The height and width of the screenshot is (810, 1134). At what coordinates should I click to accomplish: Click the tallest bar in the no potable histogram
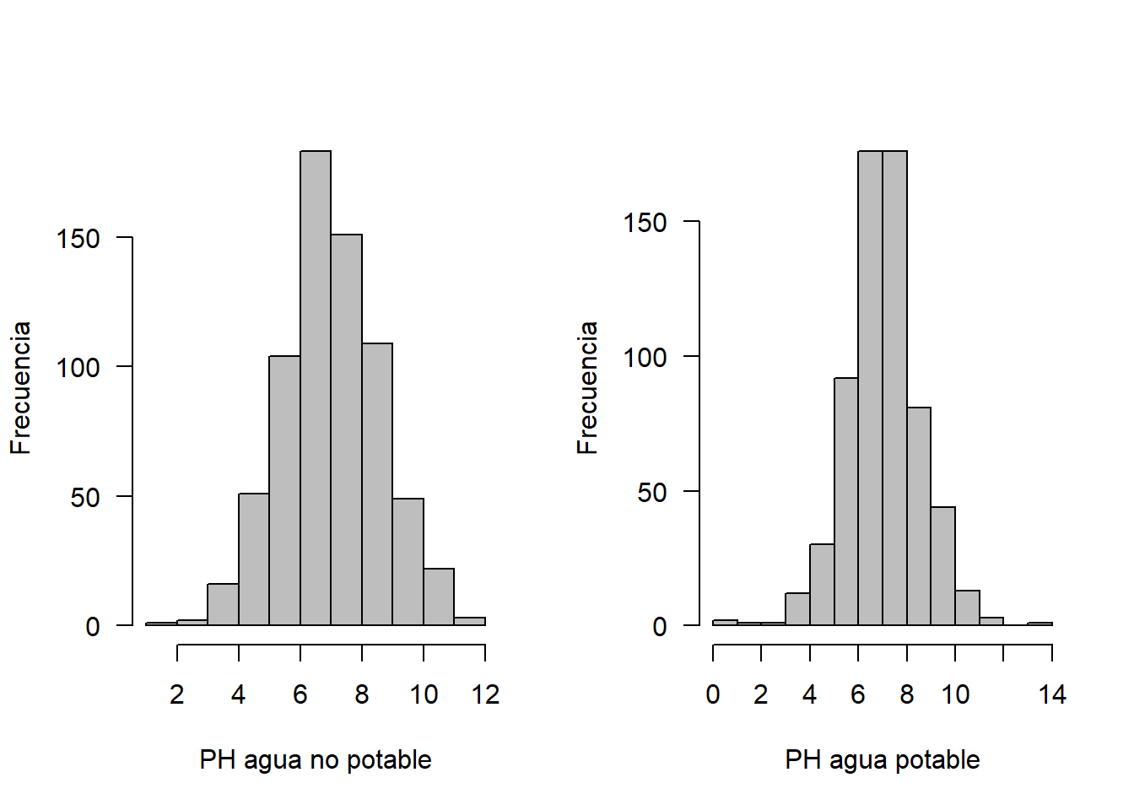tap(316, 388)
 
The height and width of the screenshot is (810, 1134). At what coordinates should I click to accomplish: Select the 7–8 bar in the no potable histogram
tap(346, 429)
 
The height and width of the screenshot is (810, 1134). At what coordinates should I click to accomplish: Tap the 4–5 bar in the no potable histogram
tap(254, 559)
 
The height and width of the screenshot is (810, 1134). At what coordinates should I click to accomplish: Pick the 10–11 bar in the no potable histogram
tap(439, 597)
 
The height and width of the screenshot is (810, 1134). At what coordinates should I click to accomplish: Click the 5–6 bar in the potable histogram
tap(846, 501)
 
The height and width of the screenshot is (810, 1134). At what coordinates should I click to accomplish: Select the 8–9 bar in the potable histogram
tap(919, 516)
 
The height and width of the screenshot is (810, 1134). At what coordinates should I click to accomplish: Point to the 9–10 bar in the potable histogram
tap(943, 566)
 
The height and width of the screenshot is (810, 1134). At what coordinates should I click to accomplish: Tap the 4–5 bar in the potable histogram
tap(822, 585)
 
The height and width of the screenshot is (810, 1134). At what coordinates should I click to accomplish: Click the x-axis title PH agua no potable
tap(316, 760)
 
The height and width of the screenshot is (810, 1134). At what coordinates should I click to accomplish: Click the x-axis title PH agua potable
tap(883, 760)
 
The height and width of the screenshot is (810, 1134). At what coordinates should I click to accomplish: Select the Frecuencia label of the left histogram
tap(20, 388)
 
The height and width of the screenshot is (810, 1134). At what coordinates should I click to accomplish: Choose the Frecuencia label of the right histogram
tap(587, 388)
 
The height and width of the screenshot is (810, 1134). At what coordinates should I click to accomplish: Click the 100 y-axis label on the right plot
tap(645, 358)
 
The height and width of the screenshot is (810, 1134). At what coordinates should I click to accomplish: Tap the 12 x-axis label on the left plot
tap(485, 694)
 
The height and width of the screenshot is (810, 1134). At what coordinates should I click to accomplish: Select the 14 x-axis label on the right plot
tap(1052, 694)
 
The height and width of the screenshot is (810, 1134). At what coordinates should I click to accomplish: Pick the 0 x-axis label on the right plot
tap(713, 694)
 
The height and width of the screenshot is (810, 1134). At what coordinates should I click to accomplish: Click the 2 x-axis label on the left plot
tap(176, 694)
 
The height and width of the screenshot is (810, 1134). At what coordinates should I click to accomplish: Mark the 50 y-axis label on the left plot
tap(85, 497)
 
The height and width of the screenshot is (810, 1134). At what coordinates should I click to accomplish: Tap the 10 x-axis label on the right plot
tap(955, 694)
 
